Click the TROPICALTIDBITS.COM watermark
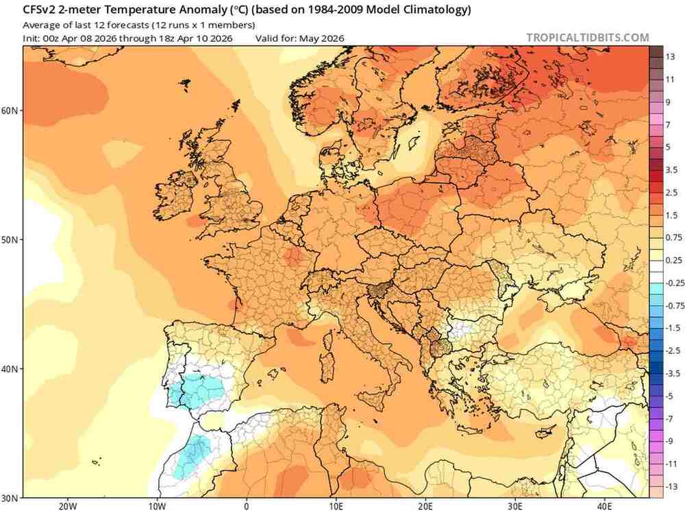(587, 38)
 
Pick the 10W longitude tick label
(157, 506)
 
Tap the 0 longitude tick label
(247, 506)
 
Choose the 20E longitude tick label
(425, 506)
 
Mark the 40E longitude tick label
(605, 506)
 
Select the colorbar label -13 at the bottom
(671, 486)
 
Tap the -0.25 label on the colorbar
(674, 283)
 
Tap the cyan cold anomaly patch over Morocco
(192, 455)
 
